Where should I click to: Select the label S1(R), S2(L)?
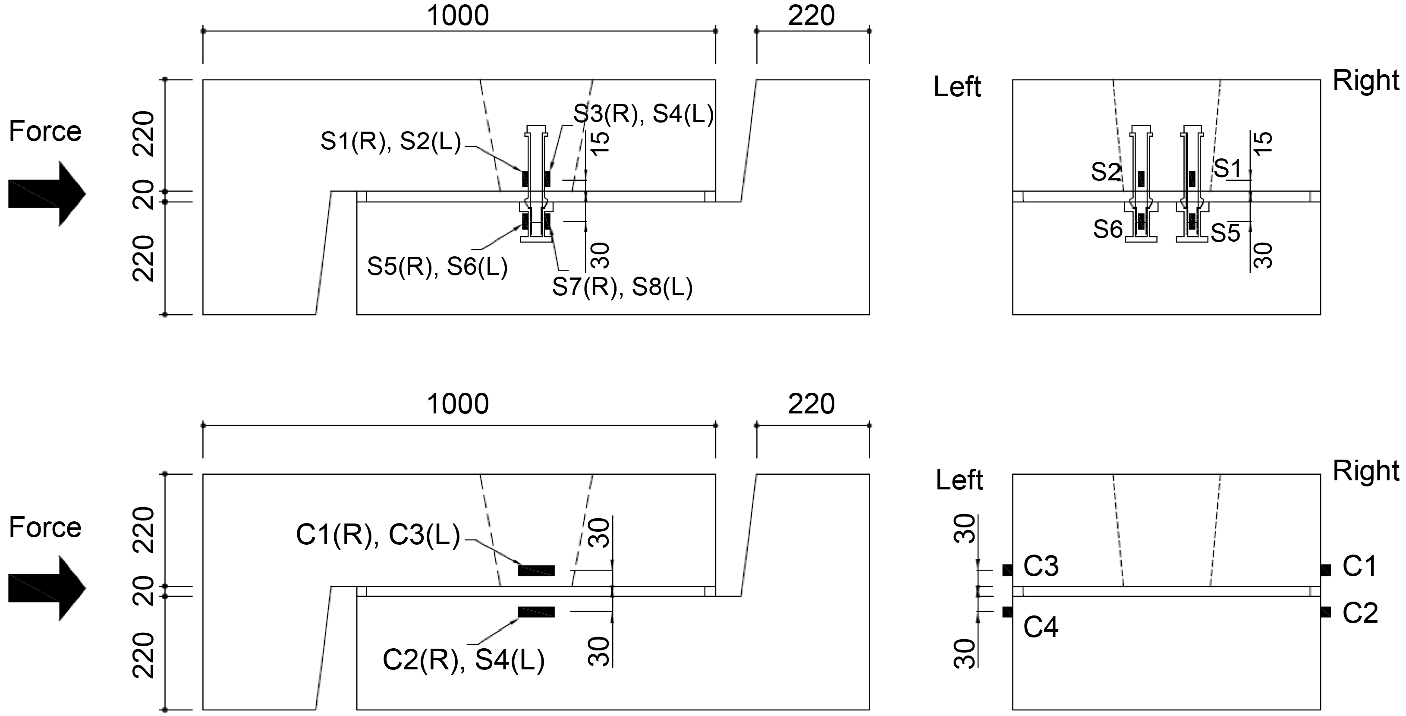[390, 142]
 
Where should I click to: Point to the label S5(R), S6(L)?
[437, 267]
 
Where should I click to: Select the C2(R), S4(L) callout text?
[463, 660]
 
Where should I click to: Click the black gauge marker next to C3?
[1007, 570]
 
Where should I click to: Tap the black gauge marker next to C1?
[1325, 570]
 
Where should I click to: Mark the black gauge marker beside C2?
[1325, 612]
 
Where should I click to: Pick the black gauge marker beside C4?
[1007, 612]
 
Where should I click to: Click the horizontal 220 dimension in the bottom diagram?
[811, 404]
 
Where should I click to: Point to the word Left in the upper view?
[957, 87]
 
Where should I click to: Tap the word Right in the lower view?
[1365, 471]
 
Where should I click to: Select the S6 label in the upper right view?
[1107, 230]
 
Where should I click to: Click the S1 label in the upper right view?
[1228, 169]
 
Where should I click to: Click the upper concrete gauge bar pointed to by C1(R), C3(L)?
[536, 571]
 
